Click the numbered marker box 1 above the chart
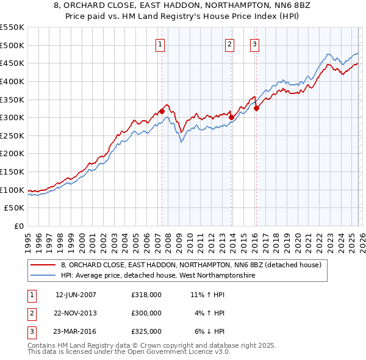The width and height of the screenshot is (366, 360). pyautogui.click(x=160, y=43)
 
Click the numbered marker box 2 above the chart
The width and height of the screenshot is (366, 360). pyautogui.click(x=229, y=43)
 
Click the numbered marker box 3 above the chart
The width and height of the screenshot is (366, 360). pyautogui.click(x=254, y=43)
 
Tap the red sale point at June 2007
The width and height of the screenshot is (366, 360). pyautogui.click(x=162, y=111)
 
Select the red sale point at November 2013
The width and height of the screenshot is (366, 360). pyautogui.click(x=232, y=118)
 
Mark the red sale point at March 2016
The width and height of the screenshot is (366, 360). pyautogui.click(x=257, y=109)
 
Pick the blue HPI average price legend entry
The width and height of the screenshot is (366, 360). pyautogui.click(x=158, y=276)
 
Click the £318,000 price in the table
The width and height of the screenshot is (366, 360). pyautogui.click(x=146, y=295)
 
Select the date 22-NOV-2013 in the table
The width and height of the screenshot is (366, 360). pyautogui.click(x=76, y=313)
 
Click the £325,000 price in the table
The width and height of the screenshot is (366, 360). pyautogui.click(x=146, y=331)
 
